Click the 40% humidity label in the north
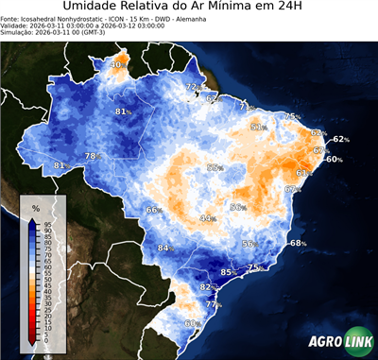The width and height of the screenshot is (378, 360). point(118,65)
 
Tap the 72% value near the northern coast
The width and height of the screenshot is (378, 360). point(192,88)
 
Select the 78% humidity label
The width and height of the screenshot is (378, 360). point(93,156)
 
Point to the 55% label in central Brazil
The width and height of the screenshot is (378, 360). point(215,168)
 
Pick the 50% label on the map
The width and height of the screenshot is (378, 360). point(238,208)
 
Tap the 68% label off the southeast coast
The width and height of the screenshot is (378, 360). point(298,244)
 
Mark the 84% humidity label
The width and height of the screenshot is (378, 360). point(166,249)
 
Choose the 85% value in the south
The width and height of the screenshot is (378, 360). point(228,273)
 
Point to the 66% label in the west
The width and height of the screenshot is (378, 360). point(154,210)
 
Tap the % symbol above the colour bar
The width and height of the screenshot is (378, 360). point(35,207)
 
